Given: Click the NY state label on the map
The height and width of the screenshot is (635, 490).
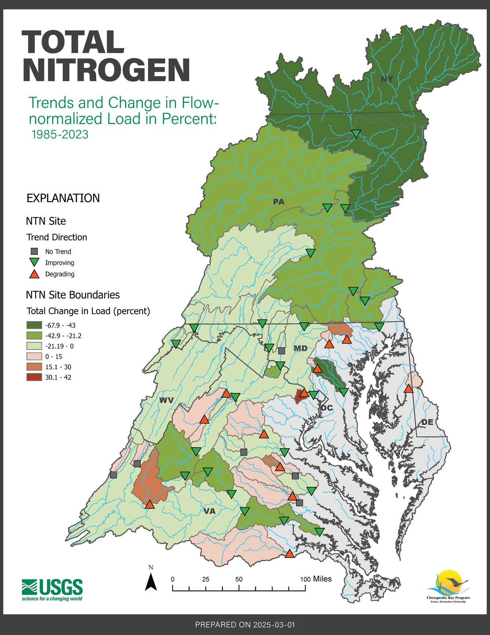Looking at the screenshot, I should point(387,79).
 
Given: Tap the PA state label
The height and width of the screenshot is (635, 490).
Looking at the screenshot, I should point(279,202).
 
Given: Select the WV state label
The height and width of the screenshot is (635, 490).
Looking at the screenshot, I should point(166,400).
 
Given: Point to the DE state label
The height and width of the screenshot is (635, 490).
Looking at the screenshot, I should point(427,422).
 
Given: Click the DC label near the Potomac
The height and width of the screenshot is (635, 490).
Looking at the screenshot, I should point(326,408).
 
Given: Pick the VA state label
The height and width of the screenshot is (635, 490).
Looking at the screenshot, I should point(209,511).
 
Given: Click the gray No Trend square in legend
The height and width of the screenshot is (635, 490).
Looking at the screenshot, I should point(34,252).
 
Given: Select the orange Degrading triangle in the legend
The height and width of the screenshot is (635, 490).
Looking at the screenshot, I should point(34,274).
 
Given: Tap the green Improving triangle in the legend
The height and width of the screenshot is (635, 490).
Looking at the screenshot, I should point(34,263).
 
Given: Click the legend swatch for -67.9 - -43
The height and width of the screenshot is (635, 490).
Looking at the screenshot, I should point(34,325).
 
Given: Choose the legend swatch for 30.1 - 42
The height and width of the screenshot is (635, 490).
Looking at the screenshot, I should point(34,377).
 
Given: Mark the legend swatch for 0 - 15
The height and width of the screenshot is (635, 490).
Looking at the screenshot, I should point(34,356).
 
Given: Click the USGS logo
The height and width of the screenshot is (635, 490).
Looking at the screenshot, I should point(52,589).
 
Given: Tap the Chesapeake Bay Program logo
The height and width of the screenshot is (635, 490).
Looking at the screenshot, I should point(448,587).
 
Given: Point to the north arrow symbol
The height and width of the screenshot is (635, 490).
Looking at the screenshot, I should point(151,582).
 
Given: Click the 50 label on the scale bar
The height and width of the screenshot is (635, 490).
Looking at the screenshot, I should point(239,579).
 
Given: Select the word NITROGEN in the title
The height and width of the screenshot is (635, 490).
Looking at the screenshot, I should point(106,71).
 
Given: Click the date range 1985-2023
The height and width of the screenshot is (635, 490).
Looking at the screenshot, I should point(60,134).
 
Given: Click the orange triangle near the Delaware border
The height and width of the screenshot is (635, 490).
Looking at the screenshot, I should point(409,389).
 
